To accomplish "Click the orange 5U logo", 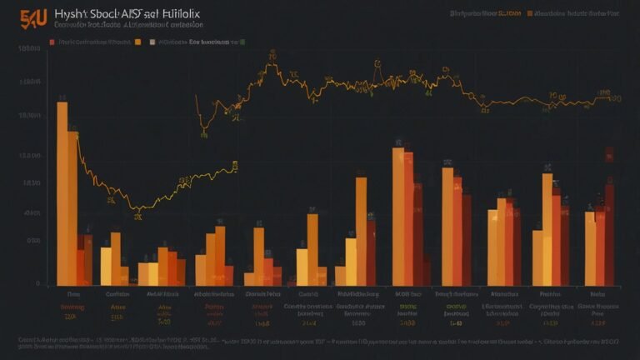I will coord(33,16).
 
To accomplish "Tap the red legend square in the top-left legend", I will coord(52,40).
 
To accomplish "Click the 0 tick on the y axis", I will coord(37,284).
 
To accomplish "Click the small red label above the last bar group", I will coord(609,154).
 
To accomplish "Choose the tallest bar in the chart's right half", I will coord(398,217).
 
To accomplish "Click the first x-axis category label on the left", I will coord(73,294).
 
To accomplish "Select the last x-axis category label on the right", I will coord(597,294).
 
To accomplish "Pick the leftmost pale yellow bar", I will coord(106,266).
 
